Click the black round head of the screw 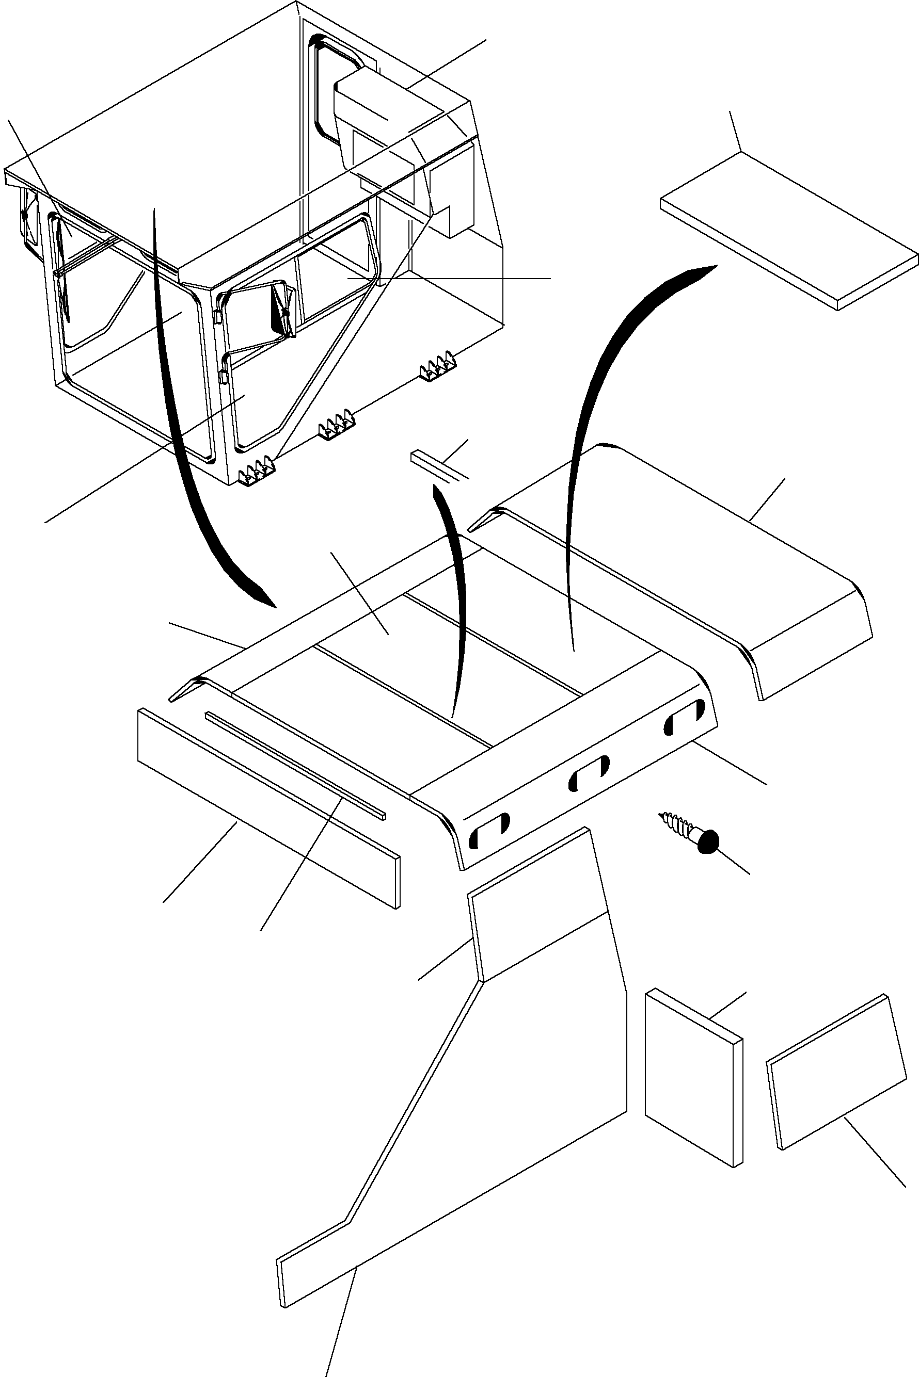pyautogui.click(x=708, y=841)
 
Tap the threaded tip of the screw pyautogui.click(x=665, y=815)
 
